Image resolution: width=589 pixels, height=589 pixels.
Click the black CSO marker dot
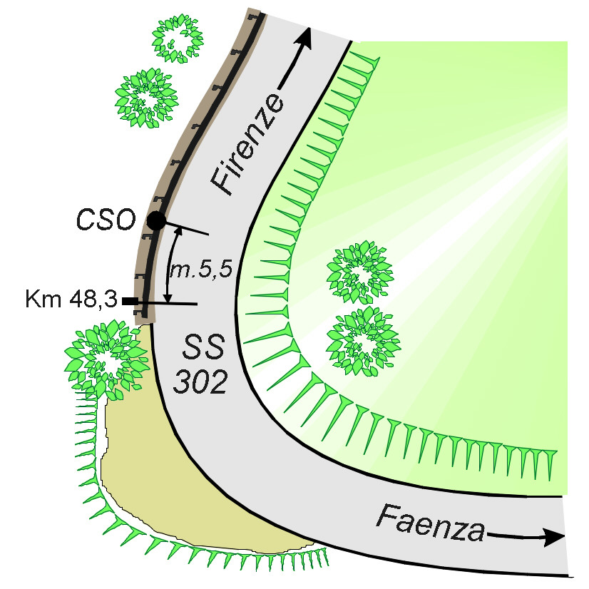pyautogui.click(x=156, y=221)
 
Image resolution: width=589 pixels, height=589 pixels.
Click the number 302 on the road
pyautogui.click(x=202, y=384)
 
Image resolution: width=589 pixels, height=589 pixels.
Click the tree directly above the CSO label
pyautogui.click(x=146, y=98)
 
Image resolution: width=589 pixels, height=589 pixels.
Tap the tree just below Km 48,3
pyautogui.click(x=103, y=359)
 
